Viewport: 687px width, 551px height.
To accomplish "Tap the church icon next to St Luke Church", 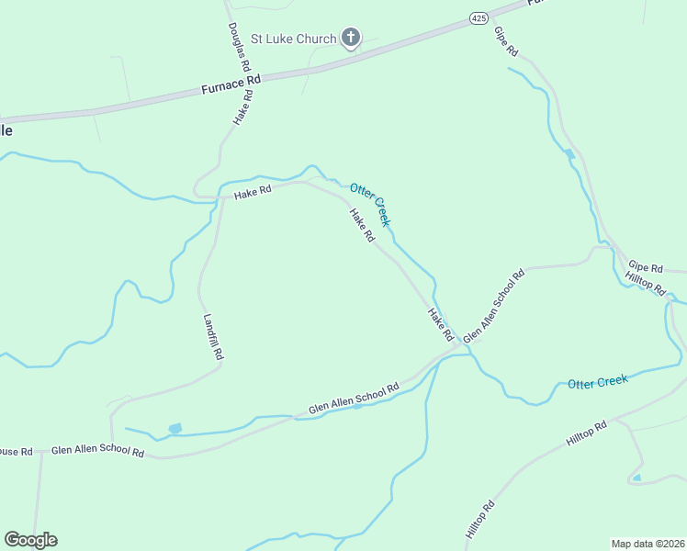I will tap(350, 38).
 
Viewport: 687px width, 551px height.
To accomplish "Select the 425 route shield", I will tap(478, 18).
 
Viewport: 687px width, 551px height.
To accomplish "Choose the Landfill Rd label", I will tap(213, 337).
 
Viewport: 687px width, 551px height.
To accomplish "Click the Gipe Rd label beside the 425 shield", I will tap(506, 43).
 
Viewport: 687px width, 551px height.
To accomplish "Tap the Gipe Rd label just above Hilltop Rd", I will tap(645, 265).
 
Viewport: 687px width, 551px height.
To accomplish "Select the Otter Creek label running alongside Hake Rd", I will tap(371, 204).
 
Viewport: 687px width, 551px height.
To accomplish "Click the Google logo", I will tap(30, 540).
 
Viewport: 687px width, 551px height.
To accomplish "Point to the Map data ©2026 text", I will tap(647, 543).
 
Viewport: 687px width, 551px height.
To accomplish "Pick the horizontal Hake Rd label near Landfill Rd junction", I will tap(253, 193).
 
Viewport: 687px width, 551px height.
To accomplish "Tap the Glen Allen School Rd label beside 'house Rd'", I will tap(97, 452).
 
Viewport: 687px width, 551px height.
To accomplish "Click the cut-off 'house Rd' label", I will tap(16, 451).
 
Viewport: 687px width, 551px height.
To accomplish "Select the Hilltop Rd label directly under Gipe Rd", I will tap(645, 284).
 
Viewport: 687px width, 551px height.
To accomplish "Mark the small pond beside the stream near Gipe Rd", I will tap(569, 153).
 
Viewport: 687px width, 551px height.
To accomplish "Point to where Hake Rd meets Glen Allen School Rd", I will tap(456, 346).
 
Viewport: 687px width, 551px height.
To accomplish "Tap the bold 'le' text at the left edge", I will tap(6, 130).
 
